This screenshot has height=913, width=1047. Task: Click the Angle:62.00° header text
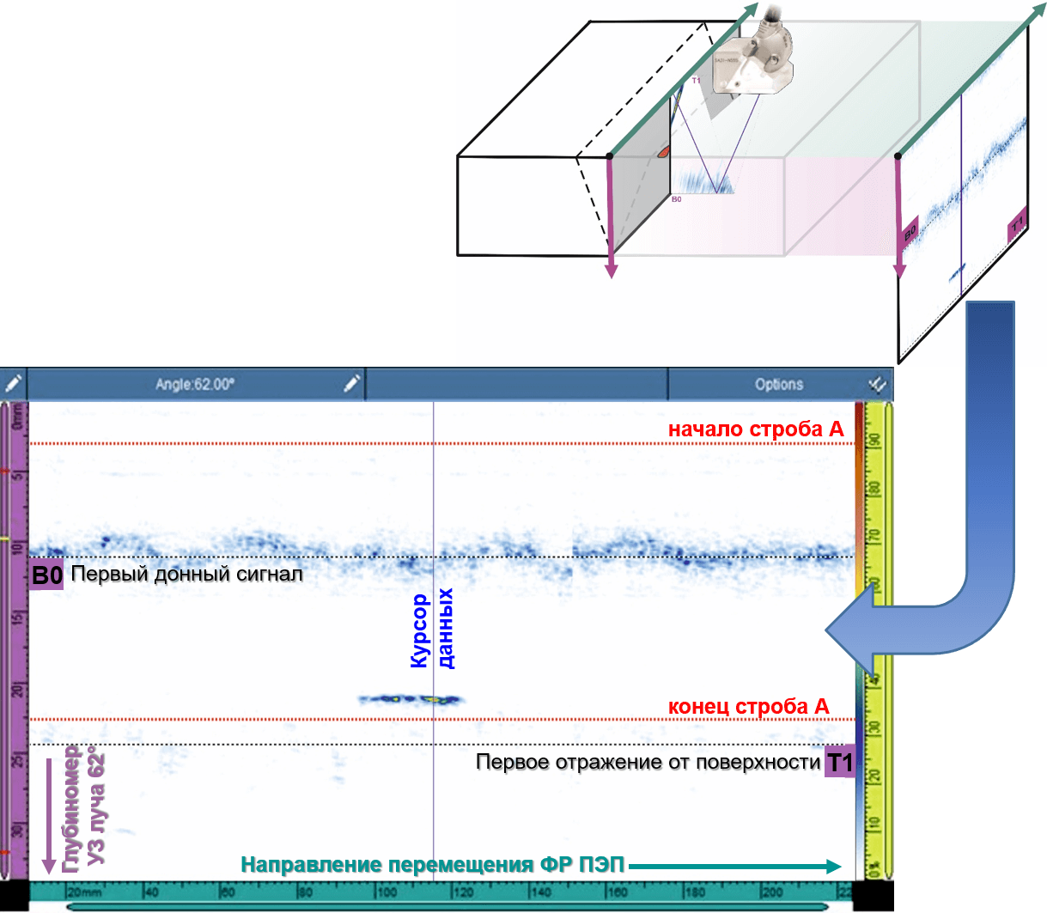(194, 385)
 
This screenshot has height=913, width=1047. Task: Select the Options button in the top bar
(779, 385)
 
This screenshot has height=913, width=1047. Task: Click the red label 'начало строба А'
(756, 429)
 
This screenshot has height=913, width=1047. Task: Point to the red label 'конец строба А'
(749, 707)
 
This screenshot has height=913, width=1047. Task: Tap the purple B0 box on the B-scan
(46, 575)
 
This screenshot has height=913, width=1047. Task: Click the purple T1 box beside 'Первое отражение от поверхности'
(839, 763)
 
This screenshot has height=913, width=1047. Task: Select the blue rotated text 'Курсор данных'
(432, 630)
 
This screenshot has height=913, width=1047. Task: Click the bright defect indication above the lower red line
(412, 700)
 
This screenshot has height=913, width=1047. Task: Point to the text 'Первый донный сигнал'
(187, 574)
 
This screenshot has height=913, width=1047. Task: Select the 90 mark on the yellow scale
(874, 441)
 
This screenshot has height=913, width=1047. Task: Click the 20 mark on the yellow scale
(874, 776)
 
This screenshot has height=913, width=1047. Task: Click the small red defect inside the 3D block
(664, 152)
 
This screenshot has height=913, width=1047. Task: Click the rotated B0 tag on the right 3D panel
(910, 230)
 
